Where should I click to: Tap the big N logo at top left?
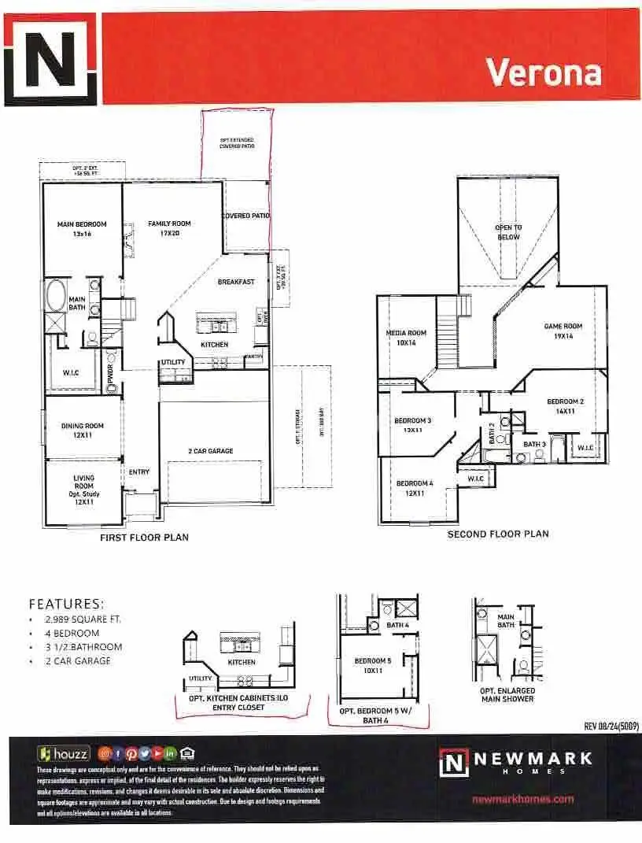(50, 59)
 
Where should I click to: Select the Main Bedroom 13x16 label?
(82, 229)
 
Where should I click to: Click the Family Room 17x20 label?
(169, 228)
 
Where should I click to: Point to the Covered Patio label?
(245, 216)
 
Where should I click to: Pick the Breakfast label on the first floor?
(236, 282)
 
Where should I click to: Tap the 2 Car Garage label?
(210, 451)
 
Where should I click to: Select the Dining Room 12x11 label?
(83, 431)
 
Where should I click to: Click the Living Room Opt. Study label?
(83, 490)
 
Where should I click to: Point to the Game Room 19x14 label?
(563, 331)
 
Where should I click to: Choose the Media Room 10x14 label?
(406, 338)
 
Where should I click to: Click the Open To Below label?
(507, 232)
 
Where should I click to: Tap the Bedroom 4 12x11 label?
(414, 488)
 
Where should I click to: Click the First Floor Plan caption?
(144, 538)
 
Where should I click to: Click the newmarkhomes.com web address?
(522, 799)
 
